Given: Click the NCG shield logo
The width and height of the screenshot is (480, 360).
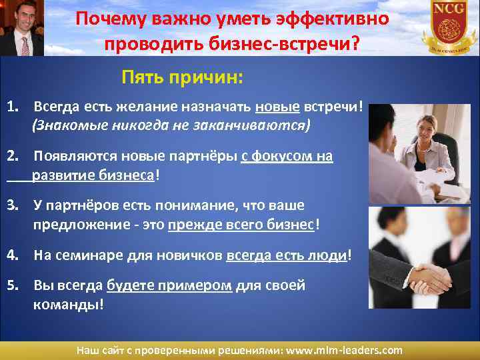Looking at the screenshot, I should click(448, 27).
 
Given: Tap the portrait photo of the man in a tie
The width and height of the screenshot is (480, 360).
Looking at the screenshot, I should click(22, 28).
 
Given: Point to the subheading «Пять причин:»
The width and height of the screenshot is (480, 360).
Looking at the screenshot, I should click(182, 79).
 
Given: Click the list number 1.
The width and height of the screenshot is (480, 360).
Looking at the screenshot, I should click(13, 107).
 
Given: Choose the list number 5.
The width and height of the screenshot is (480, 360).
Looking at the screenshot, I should click(13, 285).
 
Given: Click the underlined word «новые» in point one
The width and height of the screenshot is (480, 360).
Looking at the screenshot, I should click(277, 107).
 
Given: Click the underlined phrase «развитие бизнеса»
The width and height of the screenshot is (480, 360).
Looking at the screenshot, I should click(93, 175).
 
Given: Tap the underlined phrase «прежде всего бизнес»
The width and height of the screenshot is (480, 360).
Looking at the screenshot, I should click(241, 225).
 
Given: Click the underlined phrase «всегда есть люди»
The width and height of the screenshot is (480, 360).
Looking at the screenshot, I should click(287, 255).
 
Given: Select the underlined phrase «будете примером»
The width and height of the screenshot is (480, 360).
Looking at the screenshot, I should click(169, 285).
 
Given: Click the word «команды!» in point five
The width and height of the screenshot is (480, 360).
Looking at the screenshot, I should click(69, 304).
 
